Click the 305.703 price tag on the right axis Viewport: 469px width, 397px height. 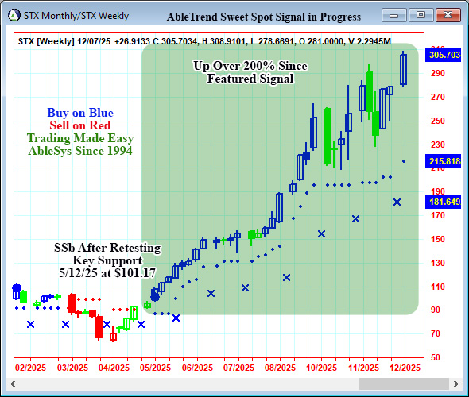445,56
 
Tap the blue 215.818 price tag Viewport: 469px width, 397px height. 445,161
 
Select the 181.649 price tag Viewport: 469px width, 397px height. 445,202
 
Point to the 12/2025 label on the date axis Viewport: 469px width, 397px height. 405,368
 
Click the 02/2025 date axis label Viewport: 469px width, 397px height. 30,368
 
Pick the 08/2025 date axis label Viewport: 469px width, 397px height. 281,368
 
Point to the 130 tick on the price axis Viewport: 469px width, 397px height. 436,263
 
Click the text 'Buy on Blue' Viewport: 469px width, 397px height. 79,113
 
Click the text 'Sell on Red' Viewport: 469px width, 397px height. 79,125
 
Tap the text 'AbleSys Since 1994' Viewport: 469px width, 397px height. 79,151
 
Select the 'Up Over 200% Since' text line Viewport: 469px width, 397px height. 250,66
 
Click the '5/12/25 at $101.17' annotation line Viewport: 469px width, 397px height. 107,272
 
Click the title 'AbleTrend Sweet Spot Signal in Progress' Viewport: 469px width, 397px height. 264,17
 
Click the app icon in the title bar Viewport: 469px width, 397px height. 14,16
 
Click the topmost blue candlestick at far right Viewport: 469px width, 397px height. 404,68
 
